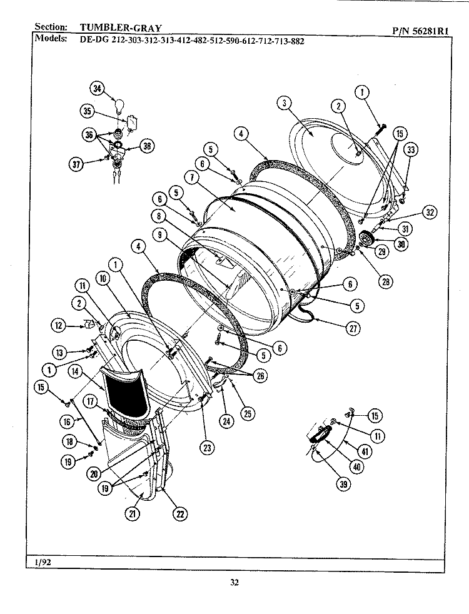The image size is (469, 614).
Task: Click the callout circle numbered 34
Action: point(97,88)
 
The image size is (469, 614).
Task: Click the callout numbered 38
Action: point(148,146)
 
